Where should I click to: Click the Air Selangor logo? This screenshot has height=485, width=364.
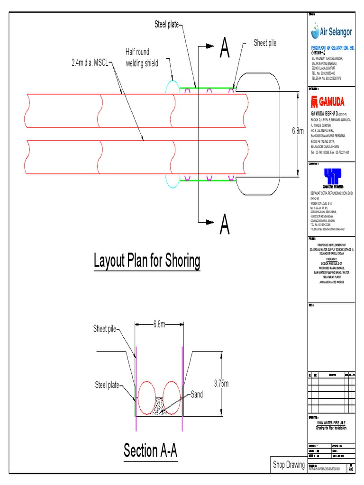click(x=331, y=32)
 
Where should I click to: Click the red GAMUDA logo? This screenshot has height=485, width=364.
click(x=328, y=102)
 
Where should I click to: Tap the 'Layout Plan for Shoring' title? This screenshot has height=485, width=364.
click(x=147, y=261)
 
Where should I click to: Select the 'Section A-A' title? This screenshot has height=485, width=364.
click(x=150, y=450)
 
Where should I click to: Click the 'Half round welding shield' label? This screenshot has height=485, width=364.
click(x=142, y=57)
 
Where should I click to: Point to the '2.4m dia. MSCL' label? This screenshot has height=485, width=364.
click(x=90, y=62)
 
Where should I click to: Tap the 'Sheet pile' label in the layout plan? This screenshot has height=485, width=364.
click(x=265, y=43)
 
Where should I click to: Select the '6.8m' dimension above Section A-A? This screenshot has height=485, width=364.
click(x=159, y=324)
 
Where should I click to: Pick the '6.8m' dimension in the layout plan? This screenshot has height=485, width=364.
click(x=297, y=131)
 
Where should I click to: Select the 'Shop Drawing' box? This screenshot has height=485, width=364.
click(x=289, y=465)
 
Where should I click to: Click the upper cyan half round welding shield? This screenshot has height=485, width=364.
click(x=172, y=88)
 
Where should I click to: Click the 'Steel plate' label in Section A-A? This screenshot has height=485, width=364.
click(x=107, y=385)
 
